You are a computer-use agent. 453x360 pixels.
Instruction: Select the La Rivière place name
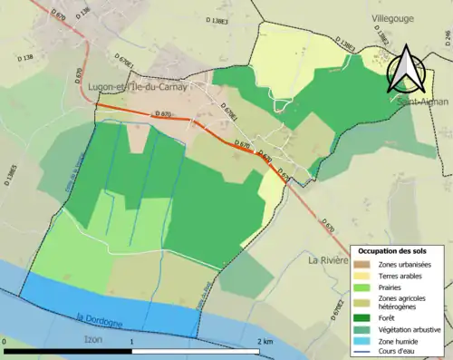click(328, 260)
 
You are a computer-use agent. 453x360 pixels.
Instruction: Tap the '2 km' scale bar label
click(264, 342)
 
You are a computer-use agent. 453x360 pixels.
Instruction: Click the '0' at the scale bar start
click(5, 342)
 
